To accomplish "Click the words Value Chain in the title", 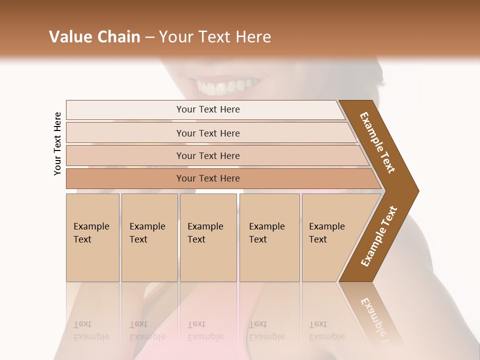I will tap(94, 37).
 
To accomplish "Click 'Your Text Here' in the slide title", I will tap(214, 37).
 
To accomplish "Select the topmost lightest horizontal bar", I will tap(208, 109).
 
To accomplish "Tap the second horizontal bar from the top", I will tap(208, 133).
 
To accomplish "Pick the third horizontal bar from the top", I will tap(208, 155).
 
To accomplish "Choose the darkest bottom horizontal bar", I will tap(208, 178).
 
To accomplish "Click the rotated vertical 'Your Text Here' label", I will tap(58, 143).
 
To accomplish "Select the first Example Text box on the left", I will tap(92, 237).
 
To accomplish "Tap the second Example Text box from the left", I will tap(149, 237).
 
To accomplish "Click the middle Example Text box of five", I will tap(207, 237).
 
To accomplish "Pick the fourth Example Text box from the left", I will tap(269, 237).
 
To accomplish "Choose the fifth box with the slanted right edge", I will tap(330, 237).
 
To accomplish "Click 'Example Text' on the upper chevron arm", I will tap(377, 142).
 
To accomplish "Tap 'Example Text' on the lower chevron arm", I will tap(379, 236).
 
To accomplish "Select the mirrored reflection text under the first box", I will tap(91, 330).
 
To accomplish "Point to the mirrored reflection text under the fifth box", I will tap(326, 330).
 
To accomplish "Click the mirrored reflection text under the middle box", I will tap(205, 330).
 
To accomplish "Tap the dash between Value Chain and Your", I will tap(149, 37).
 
